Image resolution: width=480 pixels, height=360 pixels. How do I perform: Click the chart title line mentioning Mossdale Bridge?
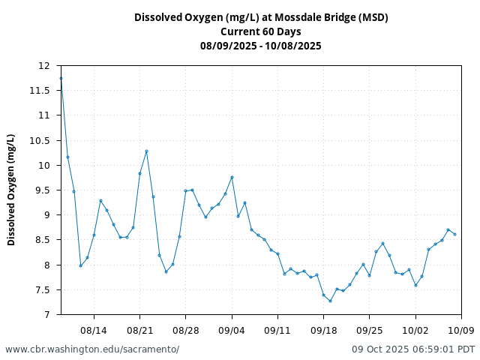click(261, 17)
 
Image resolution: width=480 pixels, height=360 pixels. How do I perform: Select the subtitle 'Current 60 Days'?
click(261, 31)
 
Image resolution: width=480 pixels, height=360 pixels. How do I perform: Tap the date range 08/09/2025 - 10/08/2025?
click(261, 46)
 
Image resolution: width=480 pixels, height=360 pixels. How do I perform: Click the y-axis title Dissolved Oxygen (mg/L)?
click(11, 190)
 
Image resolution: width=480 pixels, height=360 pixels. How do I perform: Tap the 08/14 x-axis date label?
click(94, 330)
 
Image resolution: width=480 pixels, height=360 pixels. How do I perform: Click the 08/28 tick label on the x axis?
click(186, 330)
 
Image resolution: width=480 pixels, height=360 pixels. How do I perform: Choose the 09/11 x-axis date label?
click(277, 330)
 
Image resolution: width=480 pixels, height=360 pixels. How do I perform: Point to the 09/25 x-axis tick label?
click(370, 330)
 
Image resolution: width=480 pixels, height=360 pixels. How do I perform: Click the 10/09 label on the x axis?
click(461, 330)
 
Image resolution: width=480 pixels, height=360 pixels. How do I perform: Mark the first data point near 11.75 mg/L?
click(61, 78)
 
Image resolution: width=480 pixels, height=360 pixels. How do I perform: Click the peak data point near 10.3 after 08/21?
click(146, 151)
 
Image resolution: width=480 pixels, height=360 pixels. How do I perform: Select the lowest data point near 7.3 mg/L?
click(330, 301)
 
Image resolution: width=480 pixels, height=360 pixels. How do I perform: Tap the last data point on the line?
click(454, 234)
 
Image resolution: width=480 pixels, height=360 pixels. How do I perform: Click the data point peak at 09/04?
click(232, 177)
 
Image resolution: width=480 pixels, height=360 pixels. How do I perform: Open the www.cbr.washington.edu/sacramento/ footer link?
click(92, 349)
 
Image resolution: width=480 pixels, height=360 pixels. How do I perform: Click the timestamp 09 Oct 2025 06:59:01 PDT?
click(413, 349)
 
